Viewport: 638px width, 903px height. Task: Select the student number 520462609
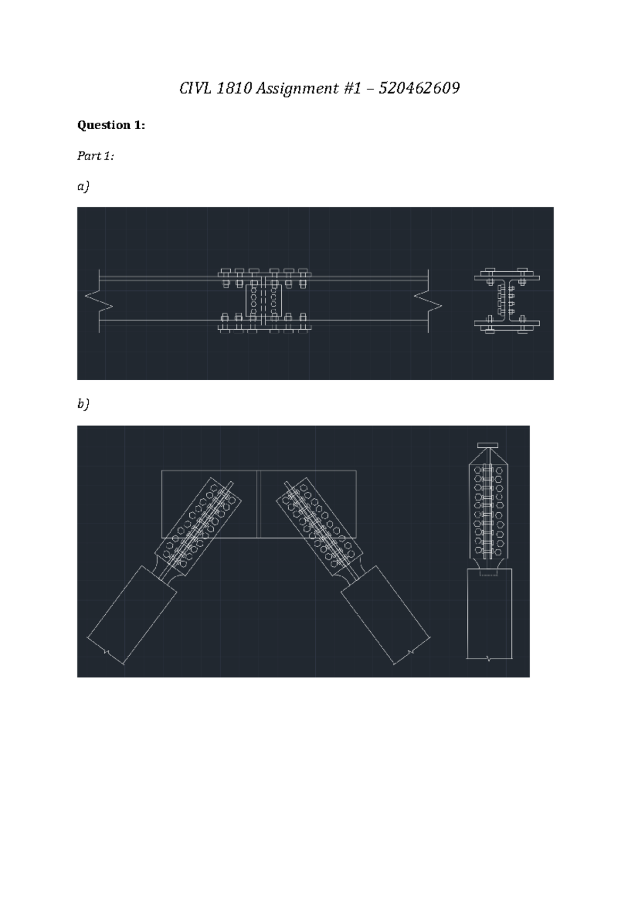(x=419, y=88)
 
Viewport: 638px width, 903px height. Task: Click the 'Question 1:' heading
(x=111, y=125)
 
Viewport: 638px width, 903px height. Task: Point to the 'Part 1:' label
(x=95, y=156)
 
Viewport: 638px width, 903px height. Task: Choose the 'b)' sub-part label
(x=83, y=404)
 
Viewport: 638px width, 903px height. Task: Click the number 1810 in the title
(x=234, y=88)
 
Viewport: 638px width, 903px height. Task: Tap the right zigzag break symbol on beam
(x=429, y=301)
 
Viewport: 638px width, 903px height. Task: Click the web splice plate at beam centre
(x=264, y=300)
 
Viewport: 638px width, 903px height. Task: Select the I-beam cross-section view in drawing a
(x=507, y=300)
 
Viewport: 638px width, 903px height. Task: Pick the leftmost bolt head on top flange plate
(x=224, y=271)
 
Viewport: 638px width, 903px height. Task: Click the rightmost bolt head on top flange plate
(x=303, y=271)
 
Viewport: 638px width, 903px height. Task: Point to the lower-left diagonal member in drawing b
(x=132, y=614)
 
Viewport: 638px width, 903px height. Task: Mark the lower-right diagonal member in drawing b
(x=385, y=614)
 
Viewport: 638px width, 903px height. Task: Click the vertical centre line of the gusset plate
(x=258, y=504)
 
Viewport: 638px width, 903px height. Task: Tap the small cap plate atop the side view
(x=487, y=445)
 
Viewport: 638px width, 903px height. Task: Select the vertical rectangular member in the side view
(x=489, y=614)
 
